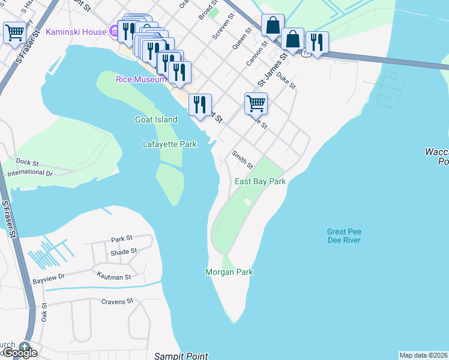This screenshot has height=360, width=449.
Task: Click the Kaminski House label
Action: pyautogui.click(x=75, y=31)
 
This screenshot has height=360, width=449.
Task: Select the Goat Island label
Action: pyautogui.click(x=156, y=119)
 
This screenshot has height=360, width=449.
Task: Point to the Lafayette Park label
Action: pyautogui.click(x=170, y=144)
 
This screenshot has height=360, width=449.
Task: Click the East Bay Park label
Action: pyautogui.click(x=260, y=181)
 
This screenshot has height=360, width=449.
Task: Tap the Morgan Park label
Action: pyautogui.click(x=229, y=272)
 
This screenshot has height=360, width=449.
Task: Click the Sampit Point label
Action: pyautogui.click(x=181, y=356)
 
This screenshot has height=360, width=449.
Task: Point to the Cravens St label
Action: pyautogui.click(x=116, y=301)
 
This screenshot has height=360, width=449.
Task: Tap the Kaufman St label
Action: pyautogui.click(x=113, y=275)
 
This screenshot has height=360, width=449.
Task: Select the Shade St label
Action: pyautogui.click(x=124, y=251)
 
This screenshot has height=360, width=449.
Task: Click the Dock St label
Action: pyautogui.click(x=27, y=162)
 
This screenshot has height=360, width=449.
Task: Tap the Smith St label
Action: pyautogui.click(x=243, y=159)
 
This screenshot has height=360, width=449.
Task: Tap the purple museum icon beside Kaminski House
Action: pyautogui.click(x=114, y=31)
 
